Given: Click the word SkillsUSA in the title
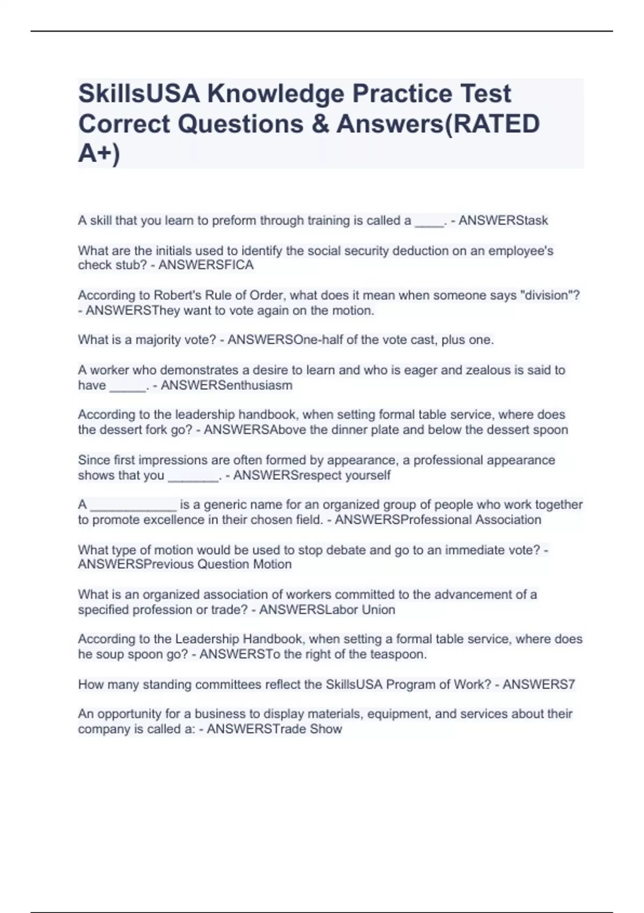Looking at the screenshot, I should pos(139,94).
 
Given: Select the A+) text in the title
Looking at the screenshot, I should pos(99,154).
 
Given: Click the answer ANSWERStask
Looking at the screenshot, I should pos(503,221).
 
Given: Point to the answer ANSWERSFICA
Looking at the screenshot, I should pos(206,265).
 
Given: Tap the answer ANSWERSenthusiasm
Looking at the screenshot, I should pos(226,385).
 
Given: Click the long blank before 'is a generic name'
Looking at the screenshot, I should pos(133,506).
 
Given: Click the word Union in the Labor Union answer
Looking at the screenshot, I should pos(378,610).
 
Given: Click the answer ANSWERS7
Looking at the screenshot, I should pos(539,685).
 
